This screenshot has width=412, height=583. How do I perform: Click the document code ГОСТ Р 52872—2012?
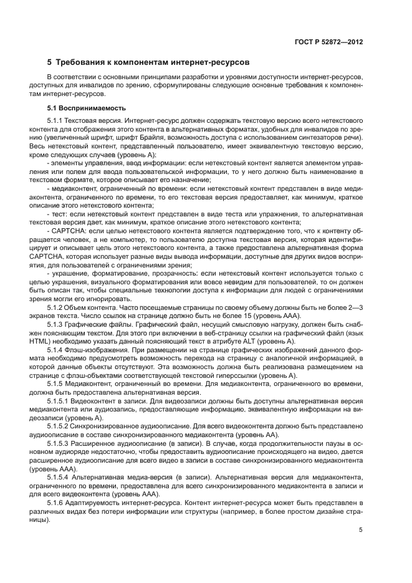point(329,42)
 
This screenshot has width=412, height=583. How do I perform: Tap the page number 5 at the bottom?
point(360,530)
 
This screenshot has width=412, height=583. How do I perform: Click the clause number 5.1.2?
point(57,307)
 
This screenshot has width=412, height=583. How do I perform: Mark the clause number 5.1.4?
point(57,349)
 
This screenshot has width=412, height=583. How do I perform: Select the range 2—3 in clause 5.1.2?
point(355,307)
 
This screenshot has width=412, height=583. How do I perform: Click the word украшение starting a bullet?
point(70,274)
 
